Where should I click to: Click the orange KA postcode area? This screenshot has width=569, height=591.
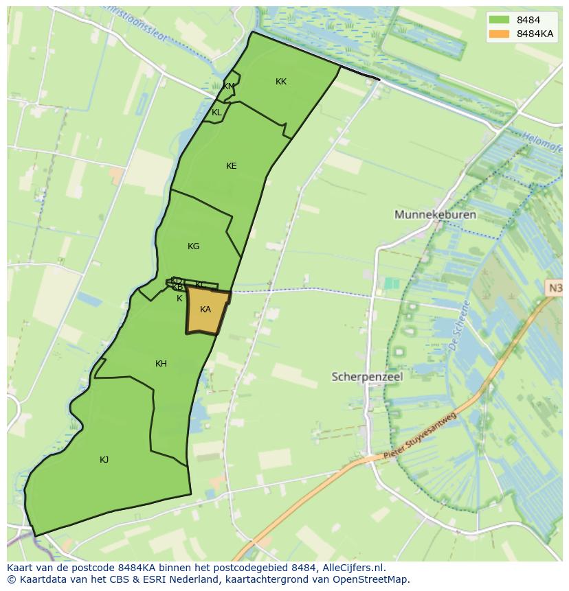[x=205, y=310]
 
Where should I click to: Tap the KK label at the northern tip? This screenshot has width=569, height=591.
[x=281, y=82]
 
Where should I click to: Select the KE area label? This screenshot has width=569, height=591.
[x=232, y=166]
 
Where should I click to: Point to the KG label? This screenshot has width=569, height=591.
[x=194, y=246]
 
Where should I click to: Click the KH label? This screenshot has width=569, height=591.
[x=161, y=364]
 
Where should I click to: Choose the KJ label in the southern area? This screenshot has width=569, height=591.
[x=104, y=460]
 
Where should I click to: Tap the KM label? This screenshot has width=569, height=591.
[x=229, y=86]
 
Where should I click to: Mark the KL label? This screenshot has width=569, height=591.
[x=216, y=113]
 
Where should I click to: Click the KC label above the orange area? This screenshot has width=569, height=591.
[x=200, y=285]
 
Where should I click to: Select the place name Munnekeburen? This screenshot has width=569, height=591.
[x=435, y=215]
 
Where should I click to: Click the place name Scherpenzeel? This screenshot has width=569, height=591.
[x=367, y=377]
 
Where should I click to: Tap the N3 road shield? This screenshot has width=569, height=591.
[x=555, y=289]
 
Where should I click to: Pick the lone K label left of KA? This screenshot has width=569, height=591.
[x=179, y=299]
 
